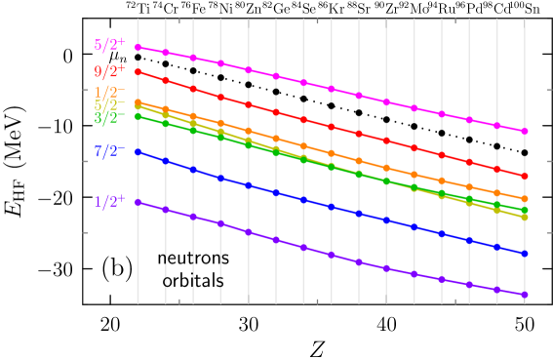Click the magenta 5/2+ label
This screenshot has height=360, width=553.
coord(109,44)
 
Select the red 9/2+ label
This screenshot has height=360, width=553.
coord(109,71)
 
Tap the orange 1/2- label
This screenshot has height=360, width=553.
coord(109,92)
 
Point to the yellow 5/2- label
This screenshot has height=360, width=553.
coord(109,105)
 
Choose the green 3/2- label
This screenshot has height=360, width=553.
coord(109,118)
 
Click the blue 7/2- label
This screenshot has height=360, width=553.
coord(109,151)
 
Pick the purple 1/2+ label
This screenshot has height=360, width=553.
coord(109,202)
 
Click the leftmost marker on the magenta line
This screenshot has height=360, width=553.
coord(138,47)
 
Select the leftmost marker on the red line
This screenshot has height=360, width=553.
coord(138,71)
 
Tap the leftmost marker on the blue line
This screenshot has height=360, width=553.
coord(138,151)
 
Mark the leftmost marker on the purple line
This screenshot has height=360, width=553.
coord(138,202)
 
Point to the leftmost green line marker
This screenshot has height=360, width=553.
coord(138,116)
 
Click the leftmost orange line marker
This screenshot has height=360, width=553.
coord(138,101)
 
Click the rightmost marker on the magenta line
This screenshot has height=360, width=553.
coord(525,131)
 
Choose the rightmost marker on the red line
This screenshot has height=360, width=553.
coord(525,176)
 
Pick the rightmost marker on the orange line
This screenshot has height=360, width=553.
coord(525,198)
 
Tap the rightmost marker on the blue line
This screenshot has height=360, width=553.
coord(525,253)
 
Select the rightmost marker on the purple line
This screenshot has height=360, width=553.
coord(525,294)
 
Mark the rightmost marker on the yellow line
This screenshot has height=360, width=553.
coord(525,217)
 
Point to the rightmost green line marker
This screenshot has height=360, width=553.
coord(525,210)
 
